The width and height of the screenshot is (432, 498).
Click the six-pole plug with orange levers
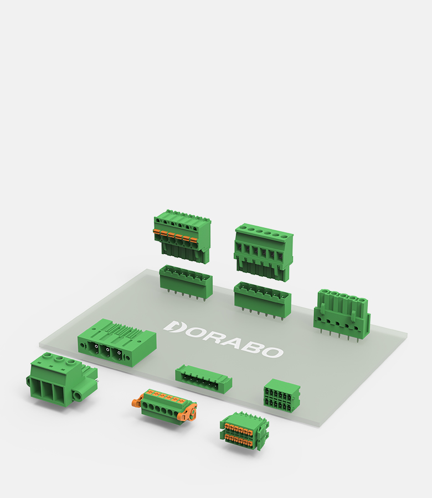182,236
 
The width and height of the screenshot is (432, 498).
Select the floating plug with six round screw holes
264,252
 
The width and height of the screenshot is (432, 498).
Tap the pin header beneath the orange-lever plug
186,282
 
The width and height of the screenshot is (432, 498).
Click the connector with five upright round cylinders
342,315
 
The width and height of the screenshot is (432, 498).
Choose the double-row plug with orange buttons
244,431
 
